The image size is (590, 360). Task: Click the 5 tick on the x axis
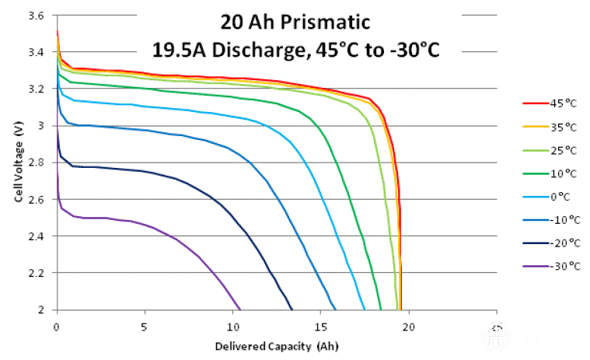[x=145, y=320]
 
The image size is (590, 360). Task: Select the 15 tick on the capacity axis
[x=320, y=320]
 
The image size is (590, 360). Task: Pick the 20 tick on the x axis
[x=409, y=320]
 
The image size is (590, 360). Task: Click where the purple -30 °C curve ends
[x=240, y=309]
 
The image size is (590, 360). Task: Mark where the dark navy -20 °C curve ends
[x=292, y=309]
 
